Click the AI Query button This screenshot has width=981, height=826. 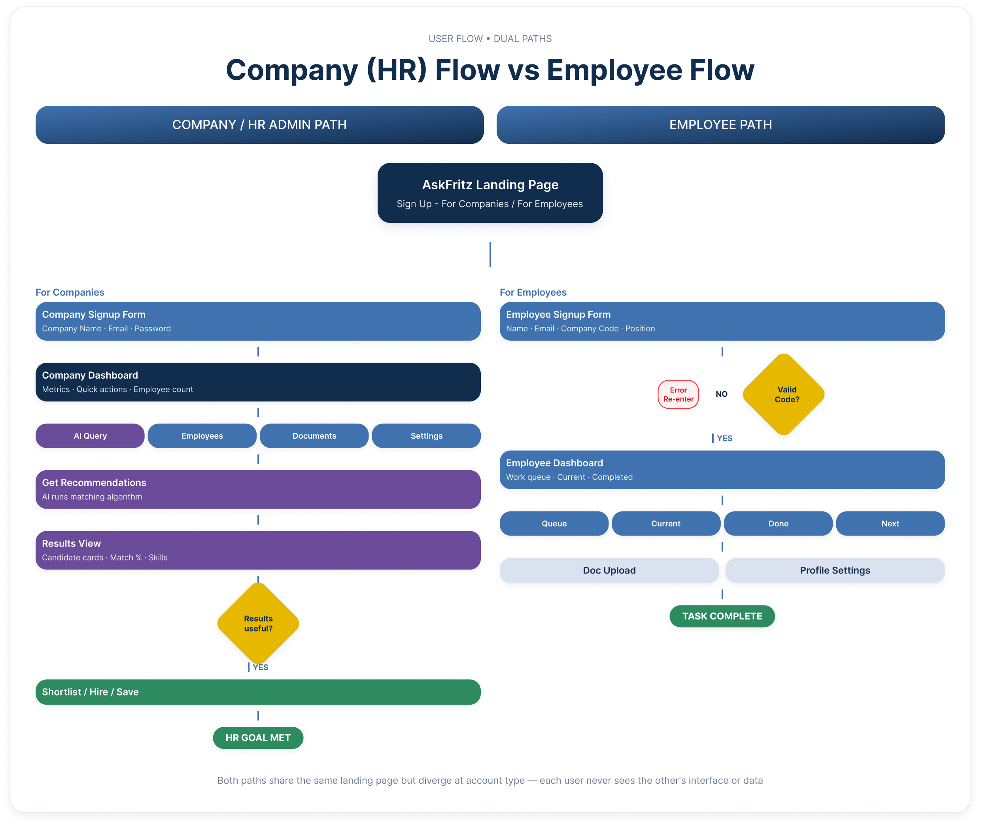tap(90, 436)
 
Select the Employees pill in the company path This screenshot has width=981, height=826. tap(202, 436)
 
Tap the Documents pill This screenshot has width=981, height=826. tap(314, 436)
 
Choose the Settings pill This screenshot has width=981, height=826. tap(426, 436)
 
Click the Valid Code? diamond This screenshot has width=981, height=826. tap(784, 394)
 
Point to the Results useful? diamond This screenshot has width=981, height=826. tap(258, 623)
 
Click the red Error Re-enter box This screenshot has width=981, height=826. tap(678, 394)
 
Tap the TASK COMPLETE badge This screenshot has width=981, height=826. tap(722, 616)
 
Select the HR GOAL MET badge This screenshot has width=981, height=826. tap(258, 737)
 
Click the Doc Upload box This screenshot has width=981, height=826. tap(609, 570)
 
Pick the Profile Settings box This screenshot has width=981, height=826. tap(835, 570)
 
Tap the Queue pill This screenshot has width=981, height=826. tap(554, 524)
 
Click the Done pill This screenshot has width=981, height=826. tap(778, 524)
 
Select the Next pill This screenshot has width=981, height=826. tap(890, 524)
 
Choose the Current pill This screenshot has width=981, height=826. tap(666, 524)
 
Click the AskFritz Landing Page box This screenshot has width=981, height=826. tap(490, 193)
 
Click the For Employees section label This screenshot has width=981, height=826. tap(533, 292)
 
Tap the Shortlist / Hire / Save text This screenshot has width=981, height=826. tap(91, 692)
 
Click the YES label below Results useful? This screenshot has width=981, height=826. tap(261, 667)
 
